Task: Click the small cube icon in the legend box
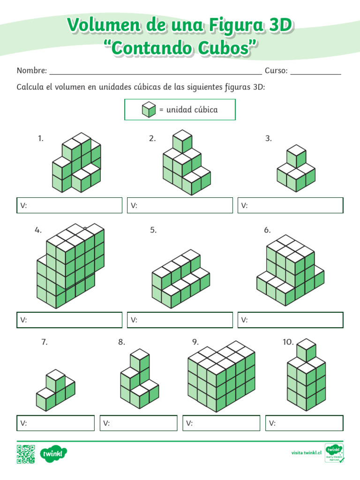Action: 149,109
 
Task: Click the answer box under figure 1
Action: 69,205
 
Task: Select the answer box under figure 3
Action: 291,205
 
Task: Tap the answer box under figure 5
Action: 180,320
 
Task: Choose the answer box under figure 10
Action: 304,423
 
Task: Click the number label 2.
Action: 152,138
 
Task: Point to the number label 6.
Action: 267,230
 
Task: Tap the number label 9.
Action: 195,342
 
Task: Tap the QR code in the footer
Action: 26,454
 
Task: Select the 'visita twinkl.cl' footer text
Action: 306,453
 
